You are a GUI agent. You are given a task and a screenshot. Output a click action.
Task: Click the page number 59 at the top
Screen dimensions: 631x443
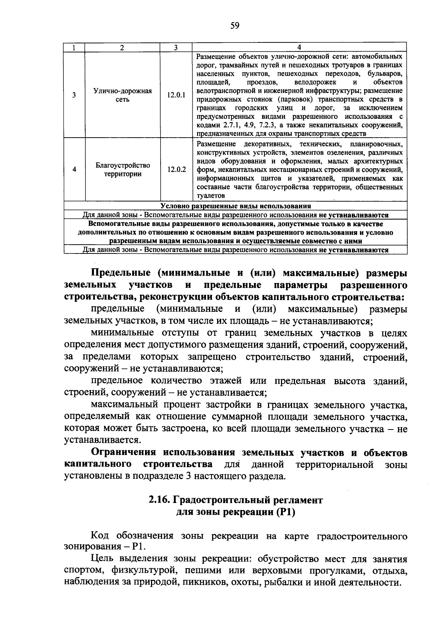(x=235, y=25)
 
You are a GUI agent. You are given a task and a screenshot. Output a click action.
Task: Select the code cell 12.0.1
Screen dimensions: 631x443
(x=176, y=95)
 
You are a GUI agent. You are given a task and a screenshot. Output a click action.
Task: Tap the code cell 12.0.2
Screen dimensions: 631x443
(x=176, y=170)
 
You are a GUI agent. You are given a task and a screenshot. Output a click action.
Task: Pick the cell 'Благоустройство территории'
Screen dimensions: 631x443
(x=123, y=170)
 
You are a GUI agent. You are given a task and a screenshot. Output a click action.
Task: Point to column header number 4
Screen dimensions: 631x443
(x=299, y=47)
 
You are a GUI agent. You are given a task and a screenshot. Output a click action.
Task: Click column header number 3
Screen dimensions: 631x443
(x=176, y=47)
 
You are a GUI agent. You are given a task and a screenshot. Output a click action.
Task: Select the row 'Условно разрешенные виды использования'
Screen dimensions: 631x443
(x=236, y=206)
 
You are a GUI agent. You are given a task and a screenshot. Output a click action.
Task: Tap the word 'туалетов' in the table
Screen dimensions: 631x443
(x=210, y=196)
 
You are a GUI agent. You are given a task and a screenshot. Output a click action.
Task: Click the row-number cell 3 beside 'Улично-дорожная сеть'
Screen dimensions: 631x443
(x=74, y=95)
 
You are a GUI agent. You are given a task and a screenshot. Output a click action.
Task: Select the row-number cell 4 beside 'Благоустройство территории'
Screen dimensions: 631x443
(x=74, y=170)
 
